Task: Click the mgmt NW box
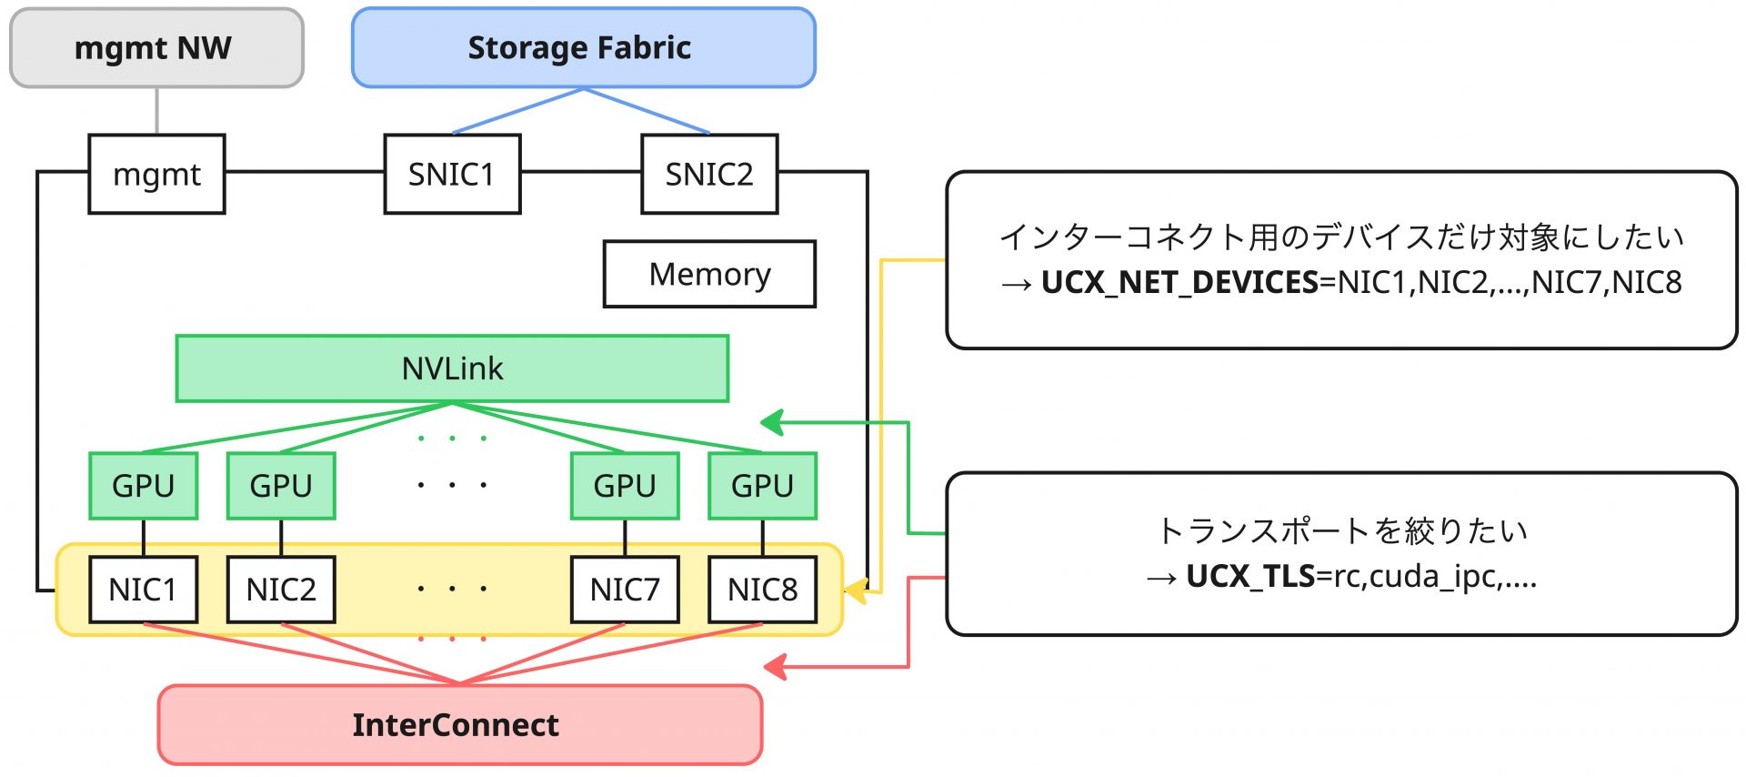156,48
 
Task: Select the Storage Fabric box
583,48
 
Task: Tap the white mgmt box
156,174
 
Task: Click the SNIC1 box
452,174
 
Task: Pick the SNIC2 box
709,174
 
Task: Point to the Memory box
709,274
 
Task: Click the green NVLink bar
452,368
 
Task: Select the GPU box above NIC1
143,486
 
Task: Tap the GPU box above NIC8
762,486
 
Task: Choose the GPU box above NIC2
281,486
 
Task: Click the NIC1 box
143,590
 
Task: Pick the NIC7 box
625,590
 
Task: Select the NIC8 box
762,590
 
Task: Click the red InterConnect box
459,725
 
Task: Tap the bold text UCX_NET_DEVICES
1179,282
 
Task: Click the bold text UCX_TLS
1250,576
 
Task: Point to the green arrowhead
772,422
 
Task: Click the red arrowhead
776,667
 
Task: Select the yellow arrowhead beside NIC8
856,590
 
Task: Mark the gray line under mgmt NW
157,111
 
